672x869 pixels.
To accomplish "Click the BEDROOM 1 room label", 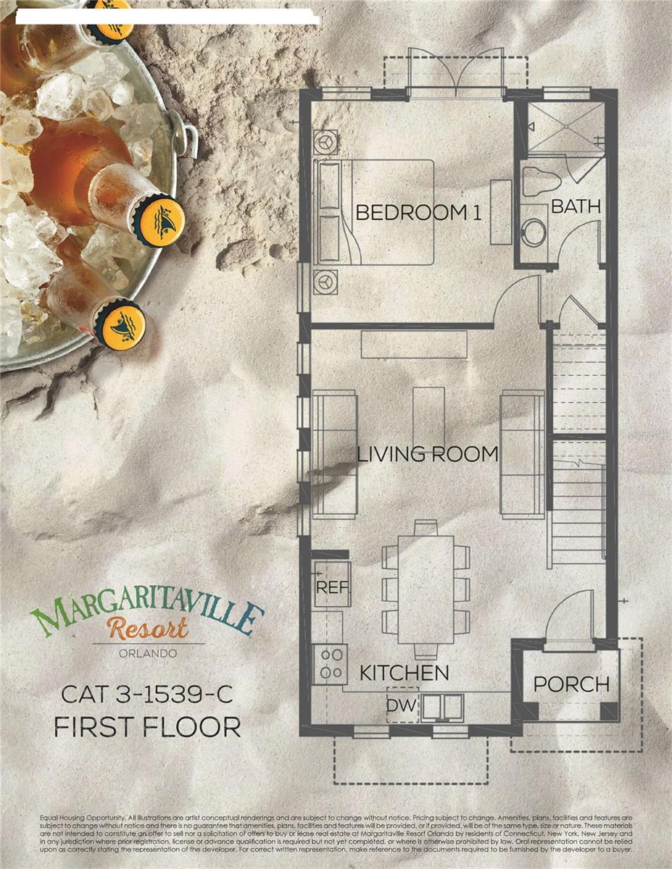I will tap(418, 213).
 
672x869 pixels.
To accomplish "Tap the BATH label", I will tap(576, 206).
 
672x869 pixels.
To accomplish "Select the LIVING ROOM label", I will tap(428, 455).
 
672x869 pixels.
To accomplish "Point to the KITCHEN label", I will tap(405, 673).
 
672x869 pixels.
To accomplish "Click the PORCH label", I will tap(571, 684).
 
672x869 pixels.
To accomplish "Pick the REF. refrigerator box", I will tap(333, 585).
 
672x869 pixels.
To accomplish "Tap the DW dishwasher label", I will tap(400, 705).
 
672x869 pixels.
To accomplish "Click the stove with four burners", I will tap(331, 663).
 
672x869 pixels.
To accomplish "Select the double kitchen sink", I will tap(442, 705).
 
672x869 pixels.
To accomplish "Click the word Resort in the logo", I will tap(147, 627).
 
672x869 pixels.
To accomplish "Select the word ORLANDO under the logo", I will tap(147, 654).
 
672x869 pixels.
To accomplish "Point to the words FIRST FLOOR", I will tap(147, 726).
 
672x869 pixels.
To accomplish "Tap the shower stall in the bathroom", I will tap(565, 127).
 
